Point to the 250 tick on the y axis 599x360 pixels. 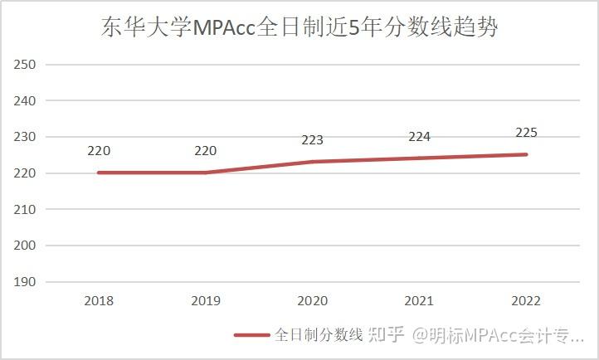tap(25, 64)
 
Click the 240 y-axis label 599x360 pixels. tap(25, 100)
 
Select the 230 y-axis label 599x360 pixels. tap(25, 137)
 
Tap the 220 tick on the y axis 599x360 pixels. tap(25, 173)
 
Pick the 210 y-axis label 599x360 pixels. tap(25, 210)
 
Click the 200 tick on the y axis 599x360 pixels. tap(25, 246)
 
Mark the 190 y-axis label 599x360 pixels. tap(25, 282)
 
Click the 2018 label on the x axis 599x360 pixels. tap(99, 301)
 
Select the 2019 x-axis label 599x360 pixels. tap(206, 301)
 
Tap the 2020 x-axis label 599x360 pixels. tap(313, 301)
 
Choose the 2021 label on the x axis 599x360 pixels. tap(420, 301)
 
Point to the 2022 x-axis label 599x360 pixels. tap(527, 301)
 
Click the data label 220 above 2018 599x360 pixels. tap(99, 151)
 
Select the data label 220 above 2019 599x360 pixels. tap(206, 151)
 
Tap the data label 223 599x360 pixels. tap(313, 140)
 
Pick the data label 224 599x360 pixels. tap(420, 137)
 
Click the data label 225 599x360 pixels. tap(527, 133)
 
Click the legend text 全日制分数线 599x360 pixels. tap(319, 335)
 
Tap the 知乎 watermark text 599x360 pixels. tap(387, 335)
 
